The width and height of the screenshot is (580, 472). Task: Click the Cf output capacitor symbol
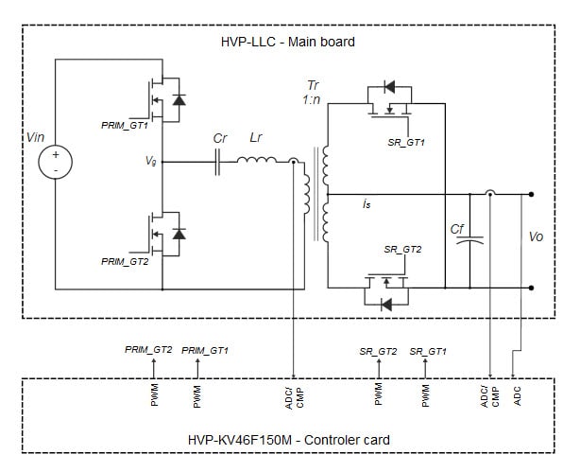tap(463, 240)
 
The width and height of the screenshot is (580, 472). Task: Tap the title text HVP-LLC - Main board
tap(288, 43)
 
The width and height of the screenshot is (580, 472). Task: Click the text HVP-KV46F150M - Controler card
tap(289, 440)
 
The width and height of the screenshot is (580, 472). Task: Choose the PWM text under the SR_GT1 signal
tap(426, 394)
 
